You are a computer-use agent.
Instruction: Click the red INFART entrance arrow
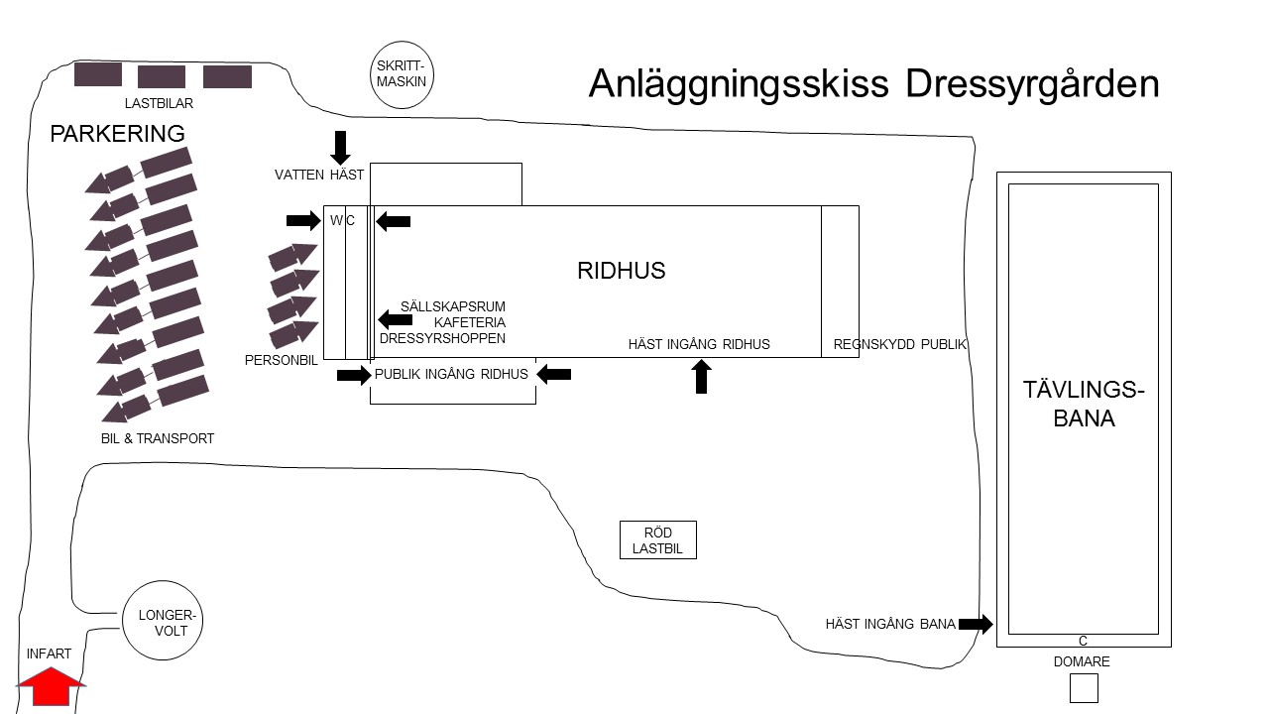(x=51, y=686)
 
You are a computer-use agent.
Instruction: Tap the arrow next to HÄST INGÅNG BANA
(x=976, y=624)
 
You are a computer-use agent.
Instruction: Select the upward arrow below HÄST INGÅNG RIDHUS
(x=701, y=377)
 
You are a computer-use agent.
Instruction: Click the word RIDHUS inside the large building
(x=621, y=271)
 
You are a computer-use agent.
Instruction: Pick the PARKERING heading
(x=117, y=134)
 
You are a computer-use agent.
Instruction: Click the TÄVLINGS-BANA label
(x=1084, y=404)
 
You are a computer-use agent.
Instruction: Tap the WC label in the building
(x=342, y=220)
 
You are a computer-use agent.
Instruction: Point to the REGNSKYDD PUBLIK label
(x=899, y=344)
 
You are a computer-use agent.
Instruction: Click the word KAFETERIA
(x=470, y=322)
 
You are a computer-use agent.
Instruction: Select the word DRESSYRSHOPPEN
(x=442, y=338)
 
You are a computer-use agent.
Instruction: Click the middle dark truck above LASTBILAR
(x=162, y=76)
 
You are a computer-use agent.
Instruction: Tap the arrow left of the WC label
(x=303, y=220)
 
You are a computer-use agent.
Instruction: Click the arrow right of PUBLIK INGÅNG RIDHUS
(x=553, y=374)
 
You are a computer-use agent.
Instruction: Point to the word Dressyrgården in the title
(x=1032, y=84)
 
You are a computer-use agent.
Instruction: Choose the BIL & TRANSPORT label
(x=158, y=438)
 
